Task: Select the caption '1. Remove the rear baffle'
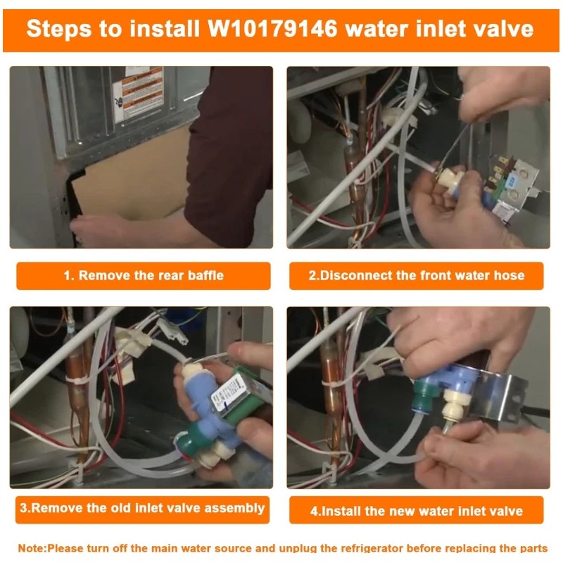click(144, 276)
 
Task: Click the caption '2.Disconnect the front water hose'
click(417, 276)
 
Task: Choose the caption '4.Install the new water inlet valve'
click(417, 510)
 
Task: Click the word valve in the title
click(500, 30)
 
